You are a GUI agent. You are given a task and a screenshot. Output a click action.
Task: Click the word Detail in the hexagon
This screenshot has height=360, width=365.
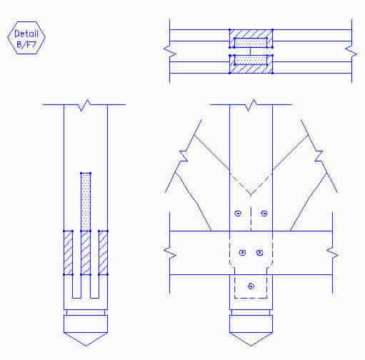coord(26,34)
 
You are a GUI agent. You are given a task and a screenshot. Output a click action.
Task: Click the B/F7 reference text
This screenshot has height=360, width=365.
coord(26,44)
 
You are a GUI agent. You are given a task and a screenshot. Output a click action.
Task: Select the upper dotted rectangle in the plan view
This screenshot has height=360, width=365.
coord(251,43)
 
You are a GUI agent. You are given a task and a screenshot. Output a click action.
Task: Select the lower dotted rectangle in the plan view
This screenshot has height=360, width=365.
coord(251,60)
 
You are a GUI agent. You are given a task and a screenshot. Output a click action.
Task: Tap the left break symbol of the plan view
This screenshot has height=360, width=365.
coord(170,51)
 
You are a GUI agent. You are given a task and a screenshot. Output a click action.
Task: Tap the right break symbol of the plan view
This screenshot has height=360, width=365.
coord(351,51)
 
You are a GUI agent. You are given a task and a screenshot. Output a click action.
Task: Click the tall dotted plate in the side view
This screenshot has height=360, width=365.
coord(86,202)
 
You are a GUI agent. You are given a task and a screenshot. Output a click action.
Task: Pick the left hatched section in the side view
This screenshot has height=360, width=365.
coord(69,253)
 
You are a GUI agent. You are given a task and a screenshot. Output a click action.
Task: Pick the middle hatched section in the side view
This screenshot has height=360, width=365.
coord(86,253)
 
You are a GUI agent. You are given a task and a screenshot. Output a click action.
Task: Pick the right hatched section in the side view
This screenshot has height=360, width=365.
coord(103,253)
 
